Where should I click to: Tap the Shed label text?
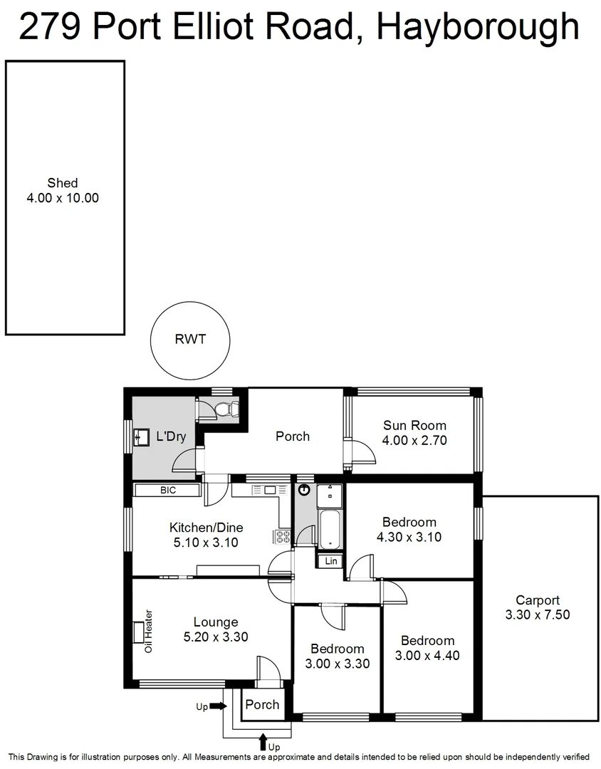pos(63,183)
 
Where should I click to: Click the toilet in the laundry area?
pos(224,409)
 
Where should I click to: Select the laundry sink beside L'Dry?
pos(142,436)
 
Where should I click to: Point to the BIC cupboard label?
pos(167,491)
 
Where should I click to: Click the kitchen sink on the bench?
pos(270,490)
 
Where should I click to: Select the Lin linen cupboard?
pos(331,561)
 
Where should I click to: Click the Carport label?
pos(537,600)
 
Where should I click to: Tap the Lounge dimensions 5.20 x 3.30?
pos(216,637)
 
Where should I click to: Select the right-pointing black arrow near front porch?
pos(219,706)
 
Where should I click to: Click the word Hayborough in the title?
pos(476,27)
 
